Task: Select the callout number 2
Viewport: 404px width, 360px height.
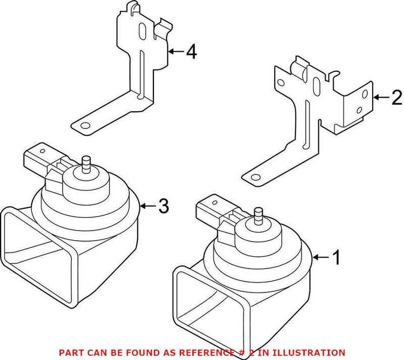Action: [x=396, y=97]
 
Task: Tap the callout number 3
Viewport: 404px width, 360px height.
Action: [x=163, y=206]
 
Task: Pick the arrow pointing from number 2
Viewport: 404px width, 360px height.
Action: [x=381, y=97]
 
